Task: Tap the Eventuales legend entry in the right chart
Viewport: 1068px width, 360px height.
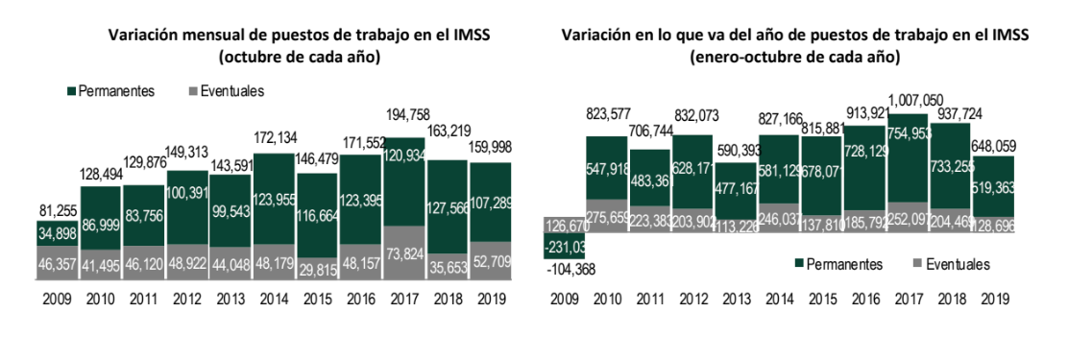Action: click(951, 263)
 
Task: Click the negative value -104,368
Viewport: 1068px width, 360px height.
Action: click(570, 269)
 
